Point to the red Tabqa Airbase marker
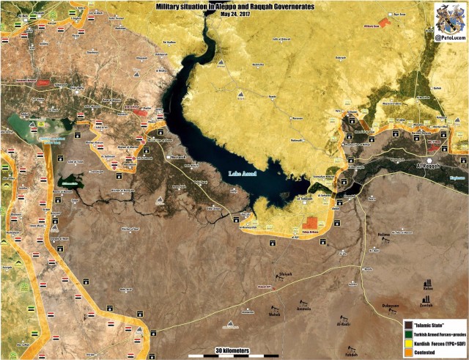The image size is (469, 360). coord(311,222)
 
